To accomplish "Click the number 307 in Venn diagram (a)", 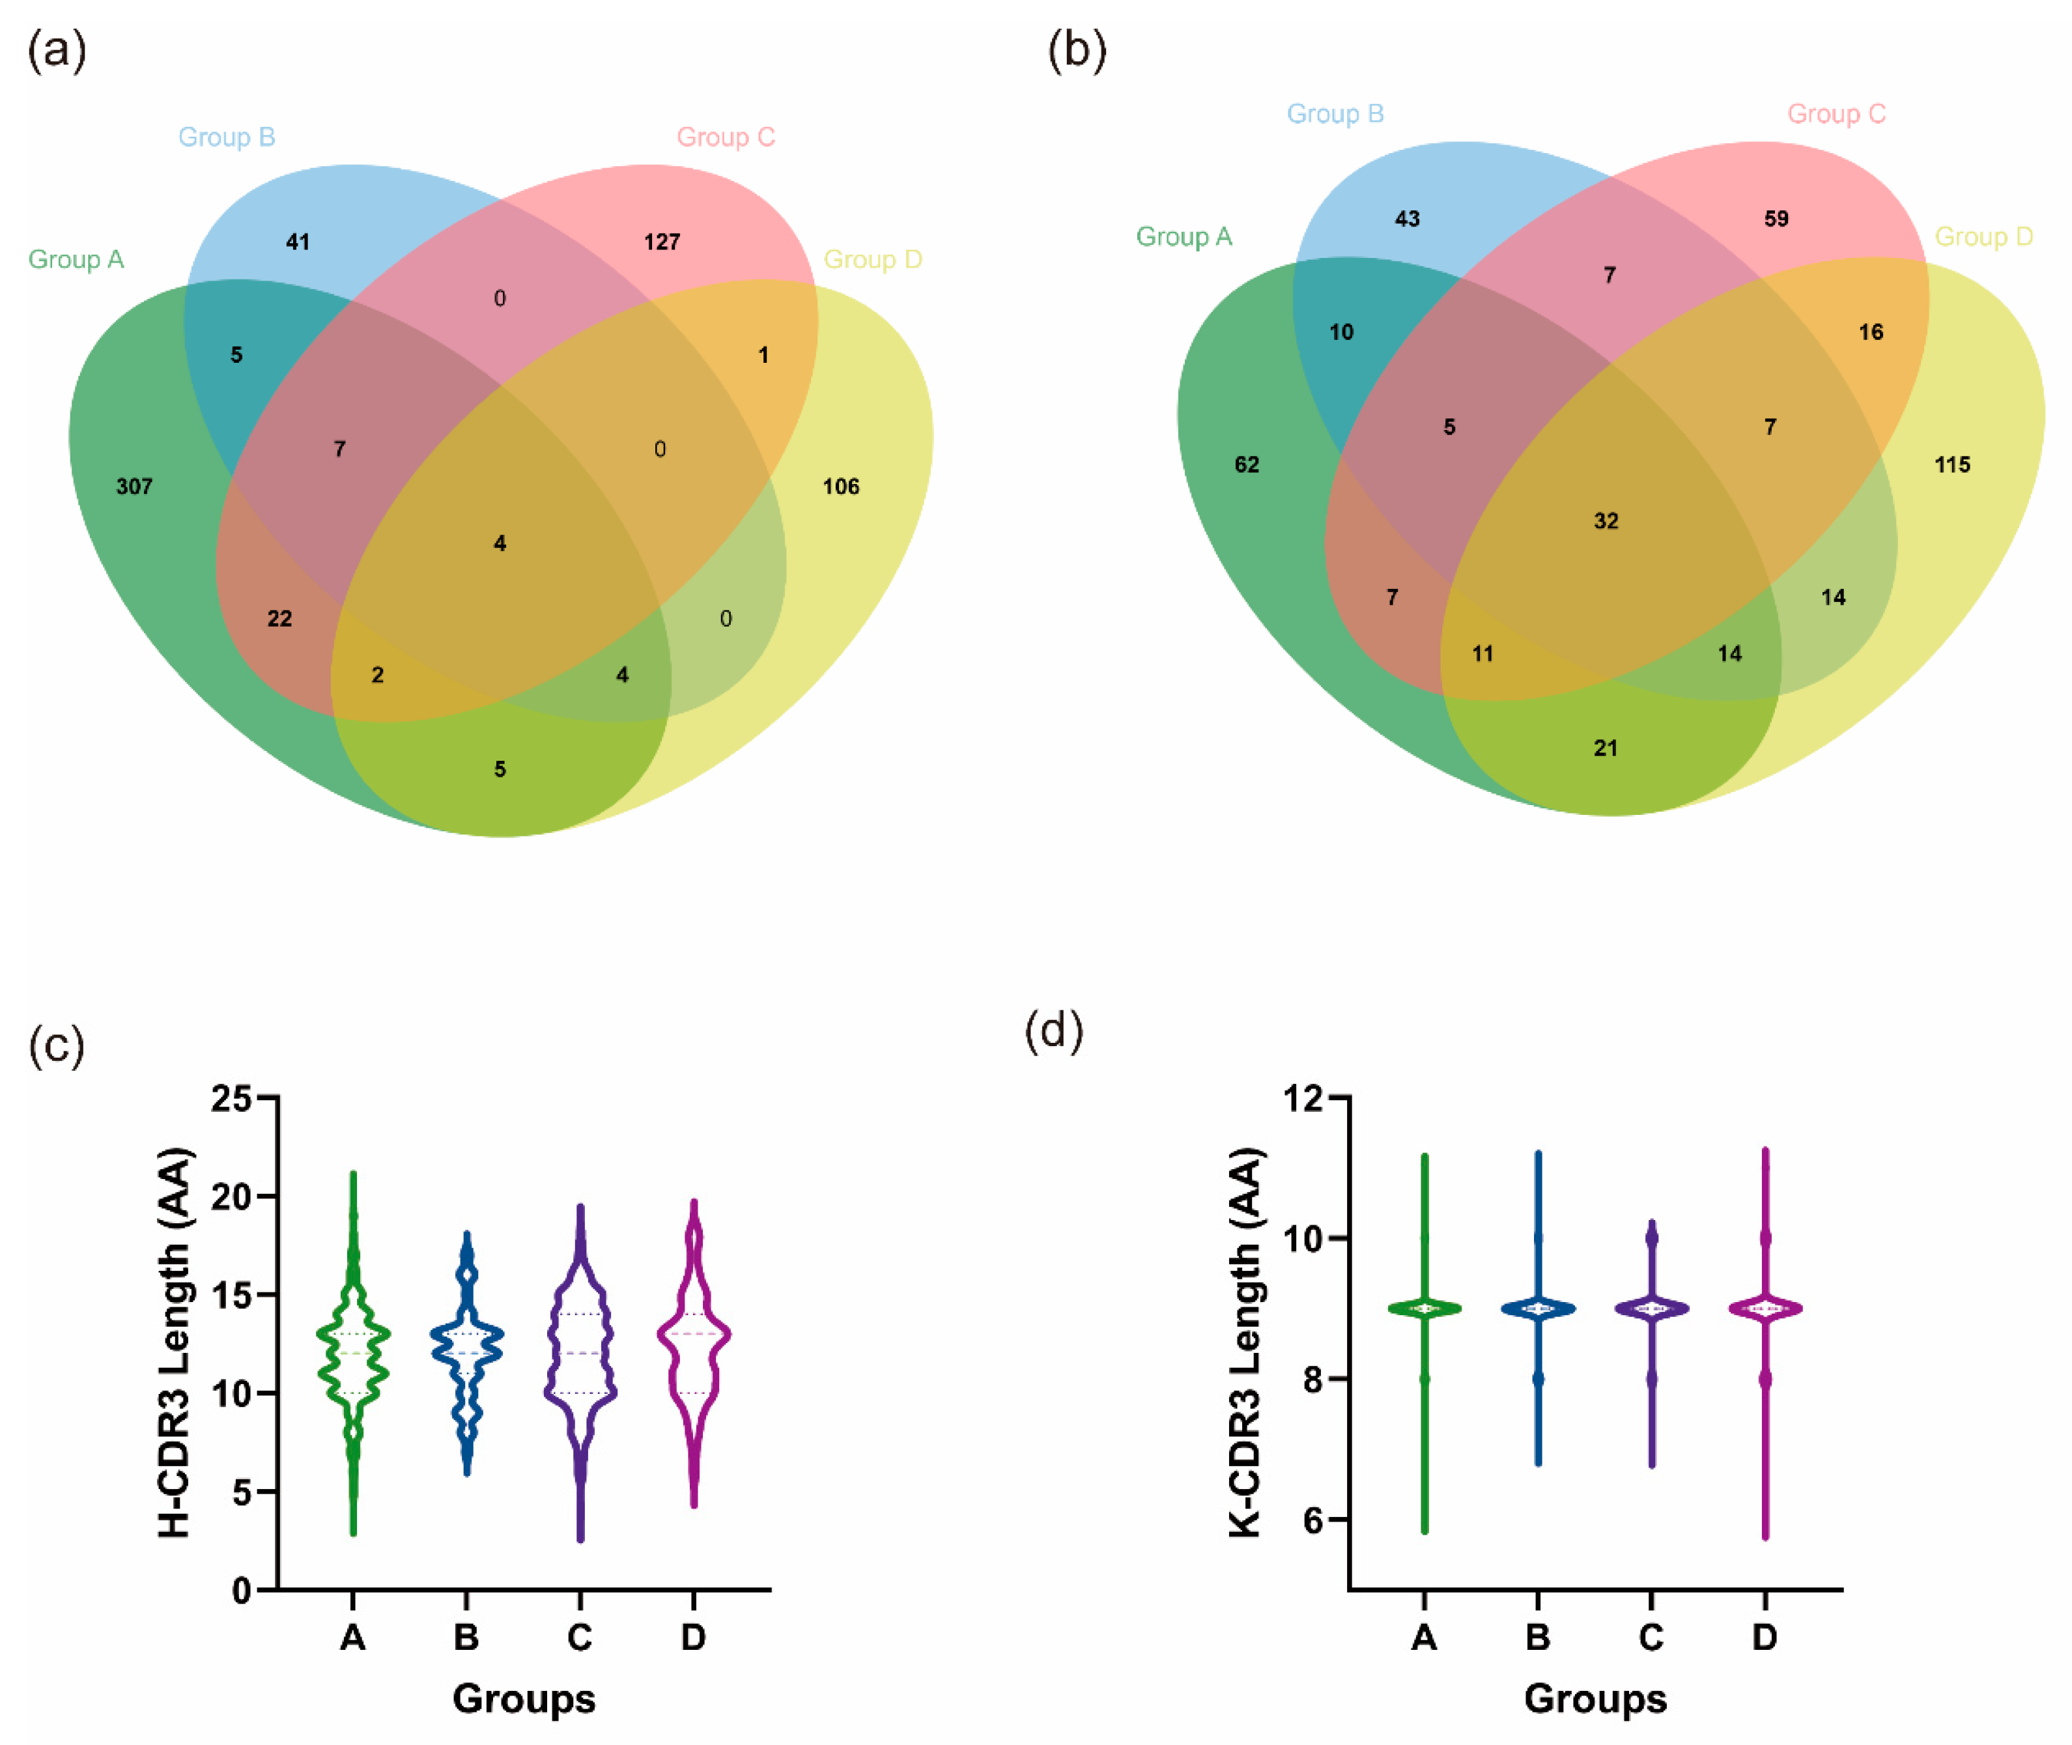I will (134, 487).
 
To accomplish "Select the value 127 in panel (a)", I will (662, 242).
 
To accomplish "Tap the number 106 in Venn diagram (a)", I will (841, 487).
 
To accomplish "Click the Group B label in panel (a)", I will (227, 137).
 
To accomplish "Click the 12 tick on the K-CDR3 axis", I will (1303, 1098).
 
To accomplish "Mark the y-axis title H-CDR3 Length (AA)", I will (175, 1342).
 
